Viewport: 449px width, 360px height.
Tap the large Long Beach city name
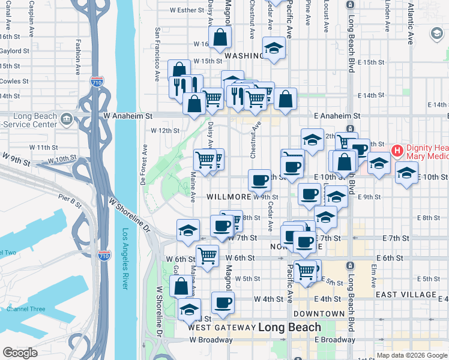point(290,328)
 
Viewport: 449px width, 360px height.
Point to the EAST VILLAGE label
point(406,295)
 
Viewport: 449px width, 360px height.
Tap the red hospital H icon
point(396,149)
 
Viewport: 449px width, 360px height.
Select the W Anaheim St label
point(128,115)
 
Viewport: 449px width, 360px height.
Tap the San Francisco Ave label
point(157,54)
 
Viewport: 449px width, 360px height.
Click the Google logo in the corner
point(20,353)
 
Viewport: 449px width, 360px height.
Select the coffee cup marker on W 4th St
point(223,302)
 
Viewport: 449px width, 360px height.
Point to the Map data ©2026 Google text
point(411,355)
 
